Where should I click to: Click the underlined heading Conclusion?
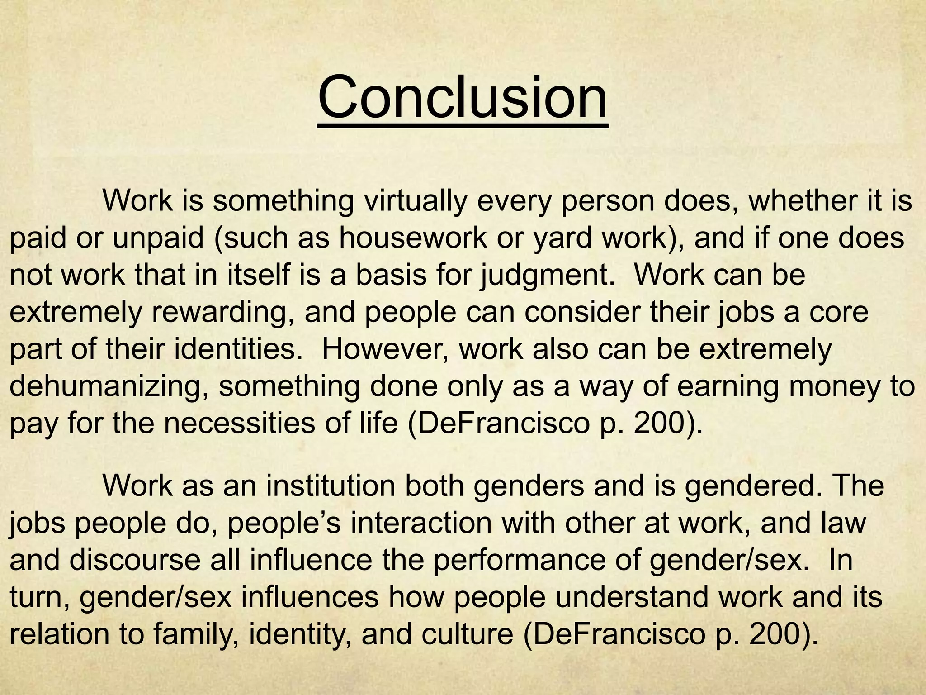pos(463,98)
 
